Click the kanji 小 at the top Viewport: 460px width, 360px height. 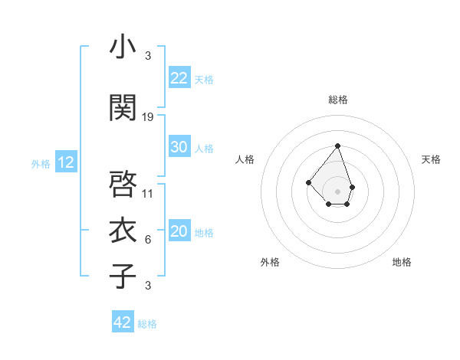coord(123,47)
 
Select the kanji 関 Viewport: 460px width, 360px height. coord(123,108)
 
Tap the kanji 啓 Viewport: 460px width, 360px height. coord(123,184)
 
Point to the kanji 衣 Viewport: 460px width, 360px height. coord(123,229)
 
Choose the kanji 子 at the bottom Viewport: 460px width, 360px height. coord(123,276)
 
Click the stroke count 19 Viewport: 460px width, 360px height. coord(148,116)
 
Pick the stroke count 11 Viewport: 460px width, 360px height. coord(148,193)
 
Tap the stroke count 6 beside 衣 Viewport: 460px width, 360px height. coord(148,239)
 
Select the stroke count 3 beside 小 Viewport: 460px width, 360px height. coord(148,55)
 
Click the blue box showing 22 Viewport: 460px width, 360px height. coord(179,78)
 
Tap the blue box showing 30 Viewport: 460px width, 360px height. coord(179,147)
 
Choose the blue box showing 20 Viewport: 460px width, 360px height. coord(179,231)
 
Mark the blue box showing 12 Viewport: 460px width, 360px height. coord(66,162)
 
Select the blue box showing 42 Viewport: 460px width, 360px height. coord(123,322)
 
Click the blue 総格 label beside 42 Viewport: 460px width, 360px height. coord(147,324)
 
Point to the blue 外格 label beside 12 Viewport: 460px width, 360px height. coord(41,163)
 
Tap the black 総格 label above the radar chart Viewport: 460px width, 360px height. coord(338,100)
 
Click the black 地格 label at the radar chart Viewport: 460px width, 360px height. coord(402,262)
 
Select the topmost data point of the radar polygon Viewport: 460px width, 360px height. coord(337,146)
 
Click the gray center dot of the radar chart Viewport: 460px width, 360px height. coord(337,191)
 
